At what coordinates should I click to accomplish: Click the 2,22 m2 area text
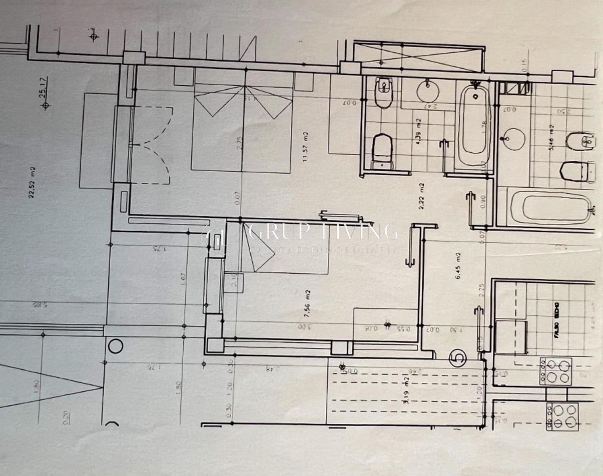(422, 194)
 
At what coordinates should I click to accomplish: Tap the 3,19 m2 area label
(405, 390)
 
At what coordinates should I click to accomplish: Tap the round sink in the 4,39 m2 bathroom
(428, 91)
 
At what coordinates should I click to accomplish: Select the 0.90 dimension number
(483, 201)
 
